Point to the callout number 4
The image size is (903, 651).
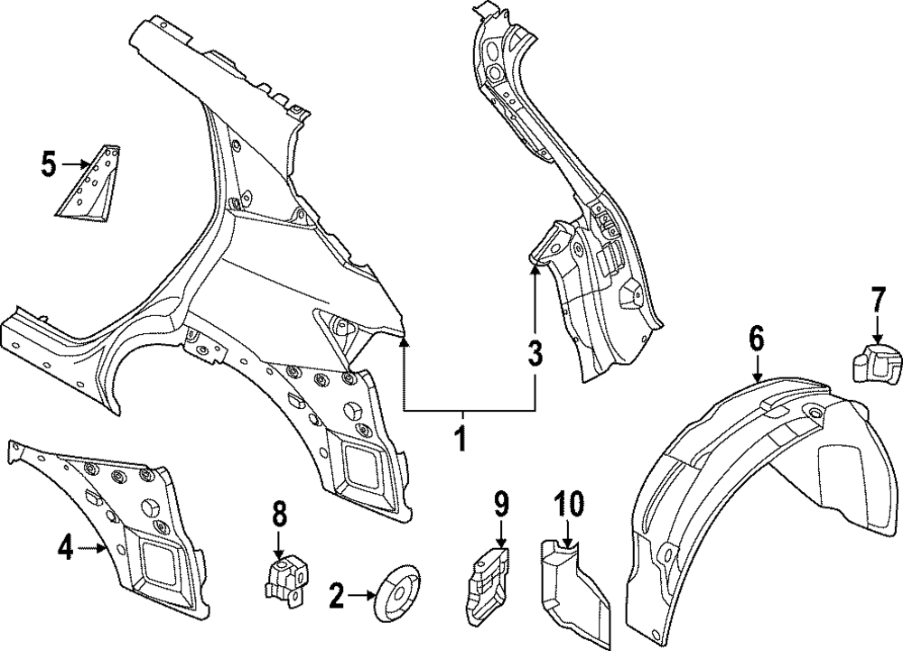point(65,546)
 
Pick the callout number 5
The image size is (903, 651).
point(49,164)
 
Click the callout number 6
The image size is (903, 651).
point(756,339)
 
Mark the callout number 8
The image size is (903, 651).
point(279,516)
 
